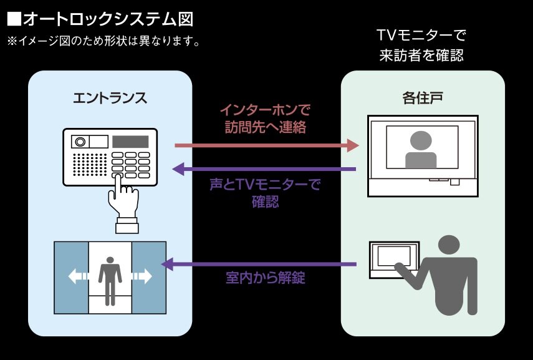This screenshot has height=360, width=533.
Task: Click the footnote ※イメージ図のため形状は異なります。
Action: click(x=103, y=42)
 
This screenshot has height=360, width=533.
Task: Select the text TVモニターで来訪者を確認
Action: click(x=422, y=45)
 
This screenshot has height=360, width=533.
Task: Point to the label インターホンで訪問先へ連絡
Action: click(x=266, y=119)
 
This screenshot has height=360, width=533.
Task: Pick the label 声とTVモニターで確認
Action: click(x=265, y=193)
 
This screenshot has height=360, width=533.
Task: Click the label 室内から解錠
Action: click(x=265, y=278)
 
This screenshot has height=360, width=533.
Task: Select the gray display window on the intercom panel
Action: click(x=130, y=142)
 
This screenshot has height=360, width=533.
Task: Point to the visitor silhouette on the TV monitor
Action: click(x=421, y=150)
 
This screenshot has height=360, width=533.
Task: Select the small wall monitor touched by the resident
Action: click(x=390, y=259)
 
